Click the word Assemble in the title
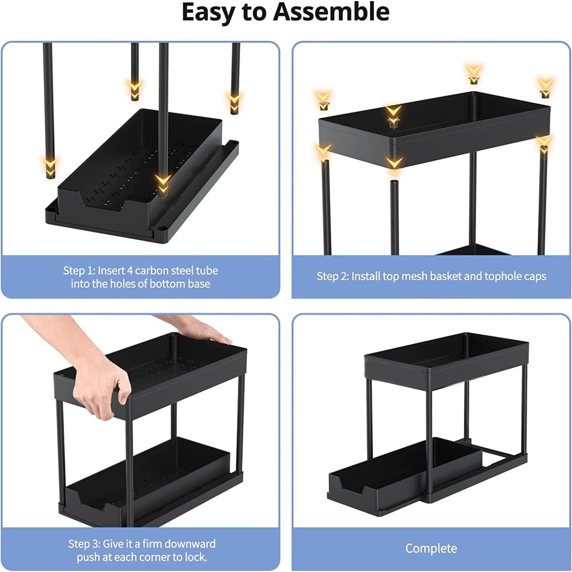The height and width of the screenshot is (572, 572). pyautogui.click(x=331, y=12)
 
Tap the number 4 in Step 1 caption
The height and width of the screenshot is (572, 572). pyautogui.click(x=130, y=271)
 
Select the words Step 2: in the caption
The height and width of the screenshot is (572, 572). pyautogui.click(x=333, y=276)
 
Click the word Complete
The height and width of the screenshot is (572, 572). pyautogui.click(x=431, y=548)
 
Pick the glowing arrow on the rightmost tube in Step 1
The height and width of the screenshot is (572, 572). pyautogui.click(x=234, y=102)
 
